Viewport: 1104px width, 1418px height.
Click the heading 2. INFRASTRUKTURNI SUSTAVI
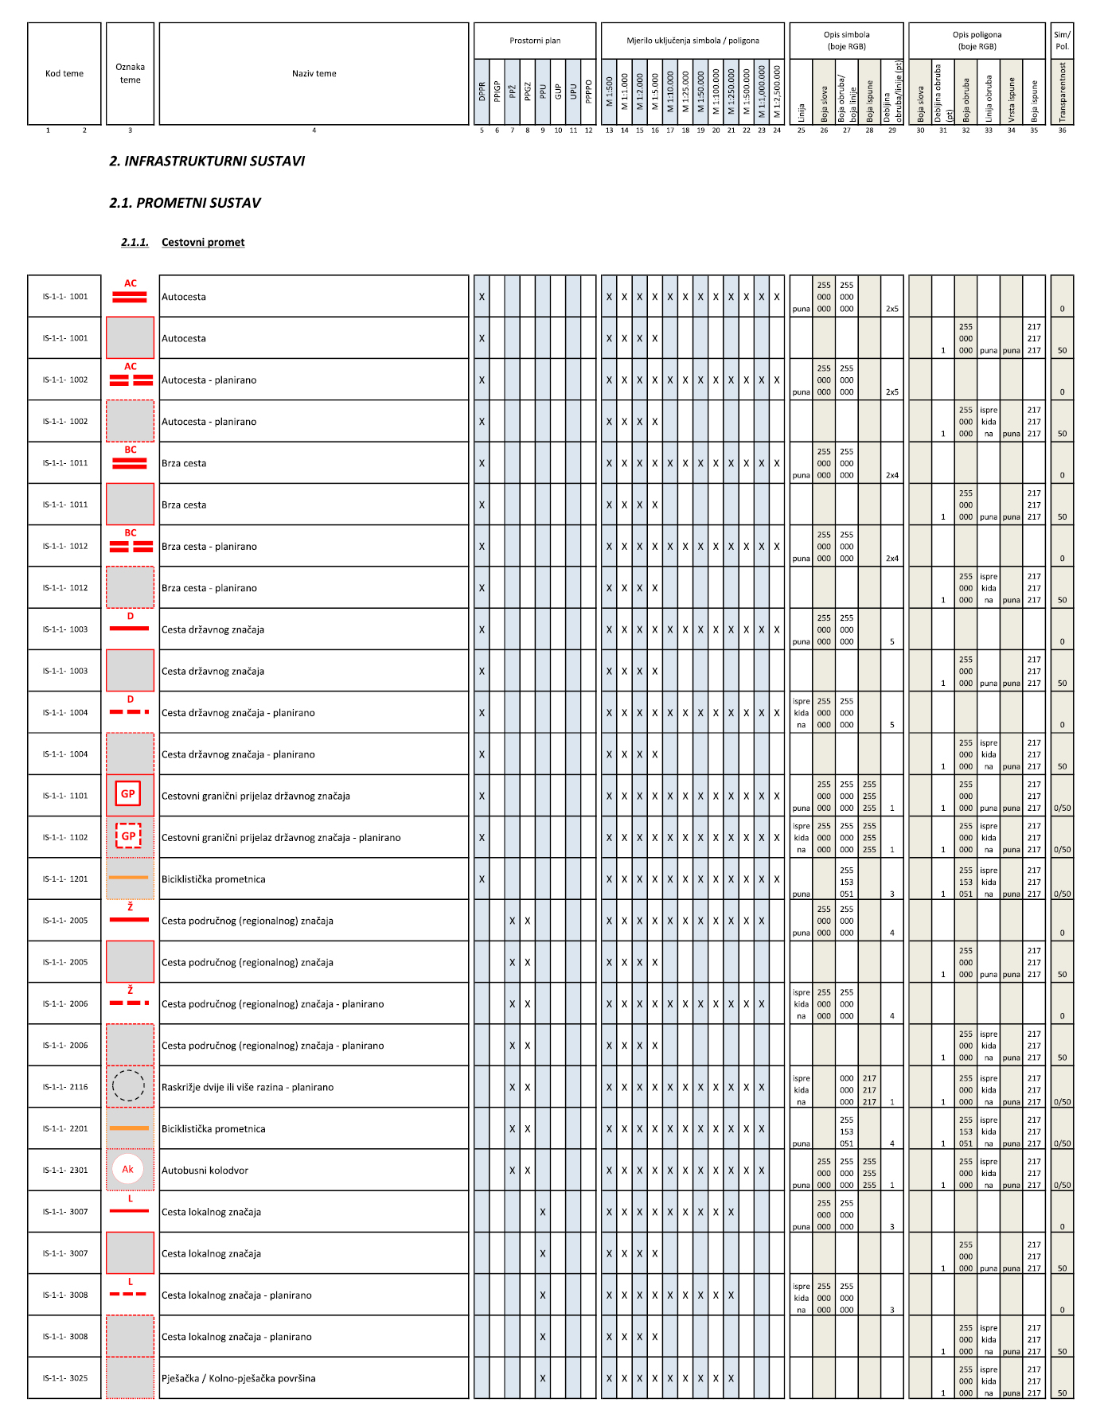[x=207, y=161]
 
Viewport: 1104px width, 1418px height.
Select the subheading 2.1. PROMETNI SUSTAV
[x=185, y=203]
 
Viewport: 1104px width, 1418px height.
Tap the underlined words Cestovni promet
[x=203, y=242]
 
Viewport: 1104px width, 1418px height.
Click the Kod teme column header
[x=64, y=73]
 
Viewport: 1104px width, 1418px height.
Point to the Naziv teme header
[x=314, y=73]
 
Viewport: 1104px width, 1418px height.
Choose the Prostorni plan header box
[x=535, y=41]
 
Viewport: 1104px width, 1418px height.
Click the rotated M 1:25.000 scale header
[x=685, y=91]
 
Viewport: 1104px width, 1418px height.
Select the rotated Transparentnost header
[x=1062, y=92]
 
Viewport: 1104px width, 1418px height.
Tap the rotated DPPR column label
[x=482, y=92]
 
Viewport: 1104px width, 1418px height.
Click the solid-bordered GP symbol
[x=128, y=794]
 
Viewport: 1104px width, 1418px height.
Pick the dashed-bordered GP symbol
[x=128, y=836]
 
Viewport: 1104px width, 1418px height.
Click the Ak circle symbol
[x=128, y=1169]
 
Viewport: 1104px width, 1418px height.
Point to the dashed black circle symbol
[x=128, y=1086]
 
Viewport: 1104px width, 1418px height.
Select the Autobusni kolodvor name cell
[x=205, y=1171]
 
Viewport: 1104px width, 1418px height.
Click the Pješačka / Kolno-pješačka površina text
[x=238, y=1378]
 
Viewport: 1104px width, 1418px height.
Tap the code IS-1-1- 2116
[x=65, y=1087]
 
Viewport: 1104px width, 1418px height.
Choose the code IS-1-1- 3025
[x=65, y=1378]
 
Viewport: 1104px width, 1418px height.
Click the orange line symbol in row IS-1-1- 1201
[x=129, y=878]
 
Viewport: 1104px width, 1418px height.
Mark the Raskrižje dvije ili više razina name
[x=248, y=1087]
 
